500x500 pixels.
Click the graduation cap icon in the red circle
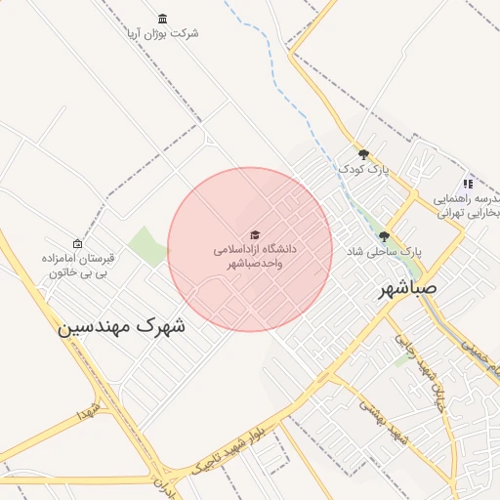[x=255, y=235]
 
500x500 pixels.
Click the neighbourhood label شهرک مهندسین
[x=122, y=327]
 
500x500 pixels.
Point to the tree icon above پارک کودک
[x=364, y=154]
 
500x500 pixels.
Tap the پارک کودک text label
[x=364, y=170]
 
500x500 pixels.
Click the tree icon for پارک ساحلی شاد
[x=384, y=236]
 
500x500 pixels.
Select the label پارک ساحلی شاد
[x=384, y=252]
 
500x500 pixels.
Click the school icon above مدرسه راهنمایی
[x=468, y=183]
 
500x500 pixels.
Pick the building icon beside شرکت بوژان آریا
[x=161, y=19]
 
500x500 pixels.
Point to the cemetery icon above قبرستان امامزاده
[x=77, y=243]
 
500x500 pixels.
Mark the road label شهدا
[x=89, y=410]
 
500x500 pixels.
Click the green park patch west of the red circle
[x=147, y=246]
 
